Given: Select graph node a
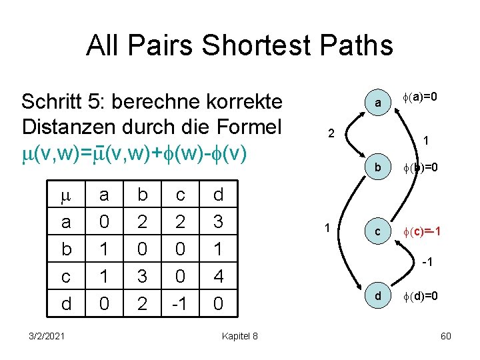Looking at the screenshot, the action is point(377,103).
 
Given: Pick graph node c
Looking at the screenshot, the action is point(377,231).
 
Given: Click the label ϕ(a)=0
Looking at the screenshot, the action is point(421,97).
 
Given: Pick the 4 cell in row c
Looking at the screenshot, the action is point(219,276).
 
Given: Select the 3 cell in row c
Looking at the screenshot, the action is point(142,276).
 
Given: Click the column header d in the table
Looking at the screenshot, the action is point(219,194).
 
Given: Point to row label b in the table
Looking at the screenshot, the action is point(65,249).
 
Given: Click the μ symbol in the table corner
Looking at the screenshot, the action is point(65,194).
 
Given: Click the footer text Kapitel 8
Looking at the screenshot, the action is point(240,335).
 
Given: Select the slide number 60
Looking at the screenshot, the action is point(446,335).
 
